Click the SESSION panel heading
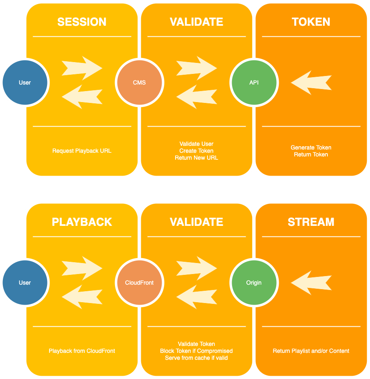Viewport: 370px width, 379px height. [x=82, y=22]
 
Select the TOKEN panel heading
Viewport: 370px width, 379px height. [x=311, y=22]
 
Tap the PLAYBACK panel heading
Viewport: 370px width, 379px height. [x=82, y=222]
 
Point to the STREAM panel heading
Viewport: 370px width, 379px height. [x=311, y=222]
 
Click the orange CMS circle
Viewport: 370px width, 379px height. [x=139, y=82]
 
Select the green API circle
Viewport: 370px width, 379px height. [x=254, y=82]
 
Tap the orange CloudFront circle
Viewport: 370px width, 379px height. [x=139, y=283]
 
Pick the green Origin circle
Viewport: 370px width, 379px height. [x=254, y=283]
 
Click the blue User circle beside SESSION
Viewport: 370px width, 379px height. [x=25, y=82]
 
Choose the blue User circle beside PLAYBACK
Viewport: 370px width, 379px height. [x=25, y=283]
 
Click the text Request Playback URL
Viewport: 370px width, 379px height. [x=82, y=151]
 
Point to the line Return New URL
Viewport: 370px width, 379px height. [x=196, y=158]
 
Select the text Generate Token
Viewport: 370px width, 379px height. [x=311, y=147]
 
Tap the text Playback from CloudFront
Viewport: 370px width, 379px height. [x=82, y=351]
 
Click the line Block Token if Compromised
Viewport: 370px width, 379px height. [x=196, y=351]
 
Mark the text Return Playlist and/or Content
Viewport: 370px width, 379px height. [x=311, y=351]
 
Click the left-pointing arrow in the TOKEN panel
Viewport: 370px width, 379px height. [x=311, y=82]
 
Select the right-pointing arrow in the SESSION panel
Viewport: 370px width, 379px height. [x=82, y=68]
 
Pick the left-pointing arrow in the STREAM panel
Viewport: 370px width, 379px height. [x=311, y=283]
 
